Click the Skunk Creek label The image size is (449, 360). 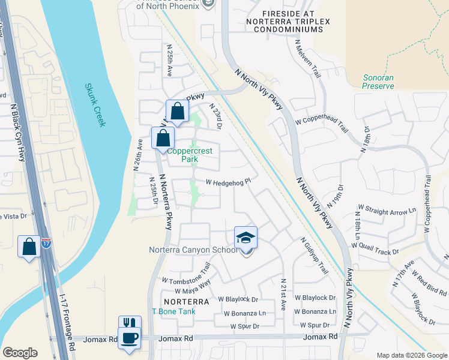point(95,105)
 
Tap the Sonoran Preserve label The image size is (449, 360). point(379,82)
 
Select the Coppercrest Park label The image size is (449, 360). point(190,155)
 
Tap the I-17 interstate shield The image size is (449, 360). point(46,244)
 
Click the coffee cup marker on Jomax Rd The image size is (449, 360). point(130,338)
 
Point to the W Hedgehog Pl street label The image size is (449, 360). point(228,181)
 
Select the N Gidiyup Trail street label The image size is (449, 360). point(315,255)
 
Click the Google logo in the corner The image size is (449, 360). point(20,353)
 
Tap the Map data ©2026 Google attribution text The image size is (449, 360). point(411,355)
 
